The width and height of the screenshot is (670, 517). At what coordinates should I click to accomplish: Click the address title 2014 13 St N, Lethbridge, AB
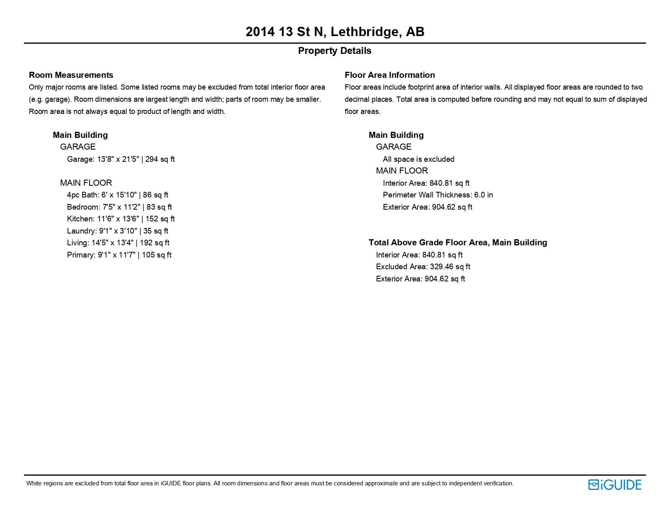[335, 32]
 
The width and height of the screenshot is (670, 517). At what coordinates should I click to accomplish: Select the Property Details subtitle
[335, 51]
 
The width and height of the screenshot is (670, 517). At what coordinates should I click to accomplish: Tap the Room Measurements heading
[71, 75]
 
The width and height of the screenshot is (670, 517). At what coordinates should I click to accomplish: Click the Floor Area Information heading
[389, 75]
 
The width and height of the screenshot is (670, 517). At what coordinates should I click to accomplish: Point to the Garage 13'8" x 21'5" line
[121, 159]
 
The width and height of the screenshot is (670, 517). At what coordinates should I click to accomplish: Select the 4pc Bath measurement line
[117, 195]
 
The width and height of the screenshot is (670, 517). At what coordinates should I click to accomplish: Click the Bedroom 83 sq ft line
[119, 207]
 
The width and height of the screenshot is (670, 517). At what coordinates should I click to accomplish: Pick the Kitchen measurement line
[121, 219]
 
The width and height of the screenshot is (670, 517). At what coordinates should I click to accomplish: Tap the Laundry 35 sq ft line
[117, 231]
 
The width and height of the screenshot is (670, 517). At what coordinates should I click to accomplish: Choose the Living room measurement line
[118, 243]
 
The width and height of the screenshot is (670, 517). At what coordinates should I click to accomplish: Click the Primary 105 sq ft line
[119, 255]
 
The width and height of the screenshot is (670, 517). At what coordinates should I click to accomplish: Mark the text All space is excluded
[418, 159]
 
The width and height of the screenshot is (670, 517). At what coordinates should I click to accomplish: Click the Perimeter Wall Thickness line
[438, 195]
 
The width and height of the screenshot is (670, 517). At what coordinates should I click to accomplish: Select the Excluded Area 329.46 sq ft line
[423, 267]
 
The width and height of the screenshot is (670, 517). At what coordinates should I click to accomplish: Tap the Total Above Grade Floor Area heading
[458, 242]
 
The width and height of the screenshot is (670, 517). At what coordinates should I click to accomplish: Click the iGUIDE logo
[615, 485]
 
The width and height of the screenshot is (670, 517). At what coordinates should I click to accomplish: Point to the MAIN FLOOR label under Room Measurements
[86, 183]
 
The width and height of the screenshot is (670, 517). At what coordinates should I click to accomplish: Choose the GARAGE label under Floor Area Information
[393, 147]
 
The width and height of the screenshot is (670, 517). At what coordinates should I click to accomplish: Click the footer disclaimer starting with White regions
[270, 483]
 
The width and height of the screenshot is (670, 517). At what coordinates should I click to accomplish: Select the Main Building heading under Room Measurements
[80, 135]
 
